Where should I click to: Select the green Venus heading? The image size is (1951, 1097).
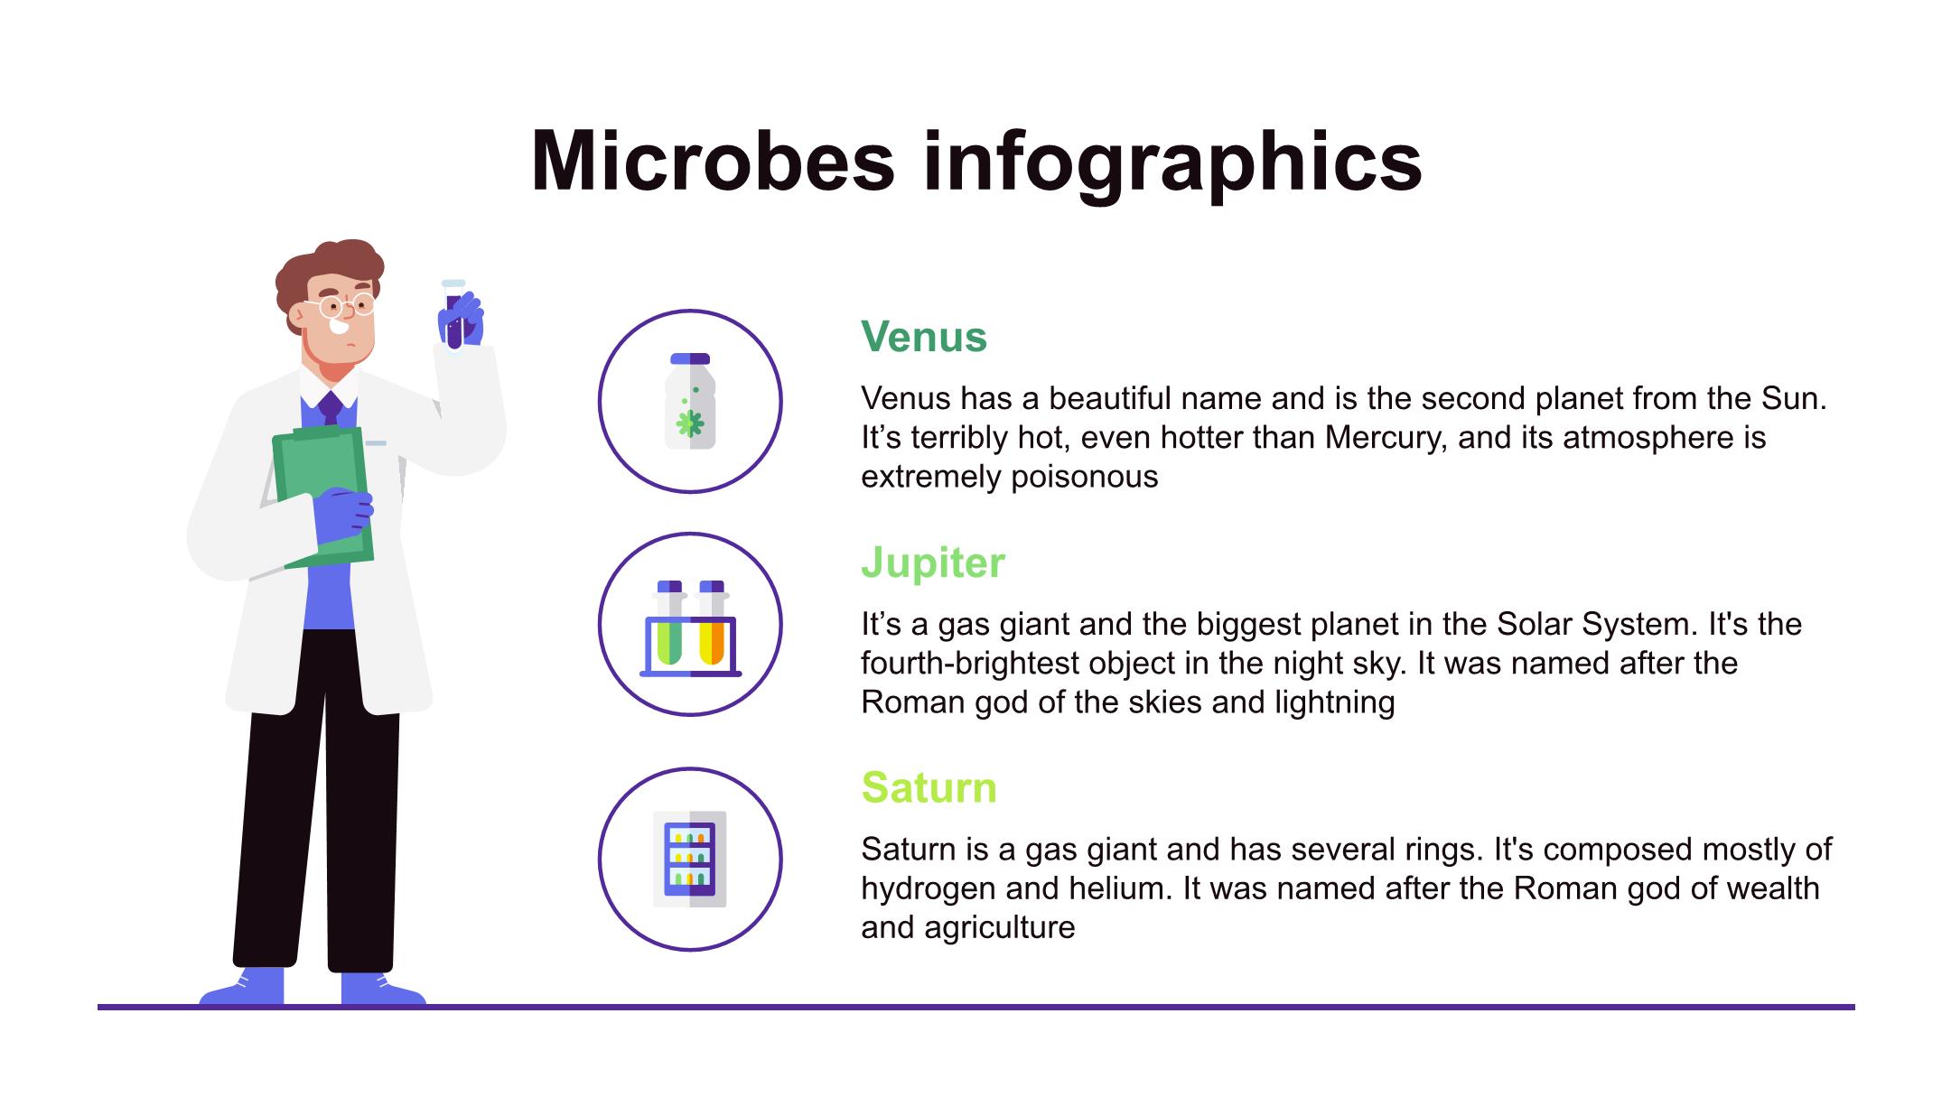click(924, 337)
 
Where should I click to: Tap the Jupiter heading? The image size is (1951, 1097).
click(932, 563)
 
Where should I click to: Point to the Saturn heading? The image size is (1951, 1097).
click(929, 787)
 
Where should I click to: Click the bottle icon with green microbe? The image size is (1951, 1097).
click(690, 401)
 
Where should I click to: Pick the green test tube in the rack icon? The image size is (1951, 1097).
click(669, 624)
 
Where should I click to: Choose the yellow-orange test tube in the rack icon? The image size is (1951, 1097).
click(712, 624)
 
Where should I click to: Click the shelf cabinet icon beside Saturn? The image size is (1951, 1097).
click(690, 859)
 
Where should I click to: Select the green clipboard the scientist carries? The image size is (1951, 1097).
click(323, 497)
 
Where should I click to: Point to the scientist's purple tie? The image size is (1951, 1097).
click(331, 407)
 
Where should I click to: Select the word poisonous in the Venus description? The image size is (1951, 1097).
click(1084, 477)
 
